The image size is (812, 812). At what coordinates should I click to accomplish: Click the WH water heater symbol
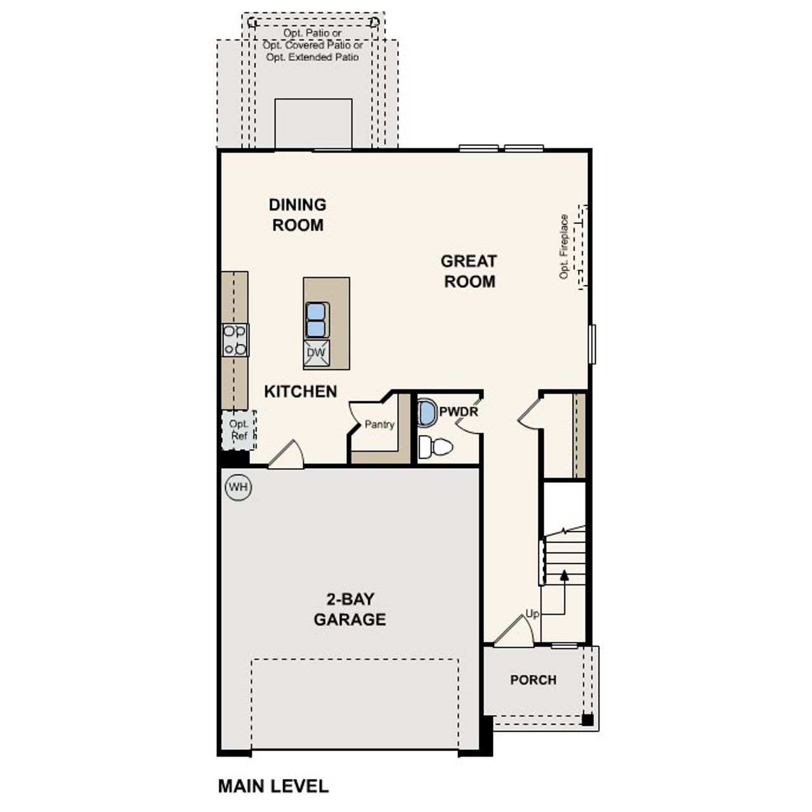(x=238, y=487)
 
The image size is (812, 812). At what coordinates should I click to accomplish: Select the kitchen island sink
(x=317, y=320)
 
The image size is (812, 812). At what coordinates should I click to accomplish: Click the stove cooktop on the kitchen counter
(x=235, y=340)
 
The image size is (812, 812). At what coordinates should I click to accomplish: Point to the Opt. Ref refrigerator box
(x=239, y=430)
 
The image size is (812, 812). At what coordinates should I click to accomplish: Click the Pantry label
(x=379, y=424)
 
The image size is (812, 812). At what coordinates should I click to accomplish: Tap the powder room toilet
(x=436, y=447)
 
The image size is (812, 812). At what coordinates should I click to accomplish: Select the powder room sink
(x=427, y=412)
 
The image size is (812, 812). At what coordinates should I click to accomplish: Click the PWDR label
(x=459, y=412)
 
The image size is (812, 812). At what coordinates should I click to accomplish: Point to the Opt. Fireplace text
(x=564, y=247)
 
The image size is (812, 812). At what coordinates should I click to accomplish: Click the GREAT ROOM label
(x=469, y=271)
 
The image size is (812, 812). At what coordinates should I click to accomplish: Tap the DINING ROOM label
(x=298, y=214)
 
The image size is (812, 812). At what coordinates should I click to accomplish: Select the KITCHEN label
(x=301, y=391)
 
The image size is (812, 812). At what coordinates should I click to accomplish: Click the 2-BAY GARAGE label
(x=350, y=609)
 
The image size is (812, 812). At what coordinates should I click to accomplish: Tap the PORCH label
(x=533, y=680)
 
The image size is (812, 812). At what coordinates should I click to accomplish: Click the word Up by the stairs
(x=532, y=614)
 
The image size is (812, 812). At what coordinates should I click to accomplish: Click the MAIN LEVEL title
(x=273, y=787)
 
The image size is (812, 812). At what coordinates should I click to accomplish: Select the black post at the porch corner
(x=587, y=720)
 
